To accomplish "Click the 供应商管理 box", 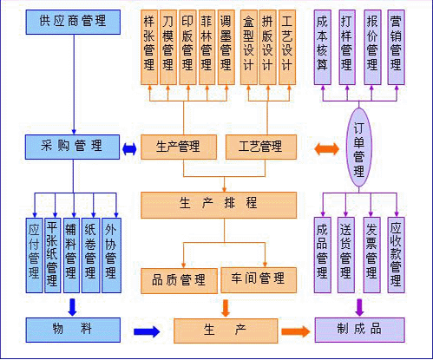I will click(73, 20).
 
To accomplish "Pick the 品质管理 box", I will click(179, 279).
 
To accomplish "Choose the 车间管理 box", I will click(259, 279).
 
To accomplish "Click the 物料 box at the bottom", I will click(73, 330).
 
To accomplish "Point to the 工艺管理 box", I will click(259, 147).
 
